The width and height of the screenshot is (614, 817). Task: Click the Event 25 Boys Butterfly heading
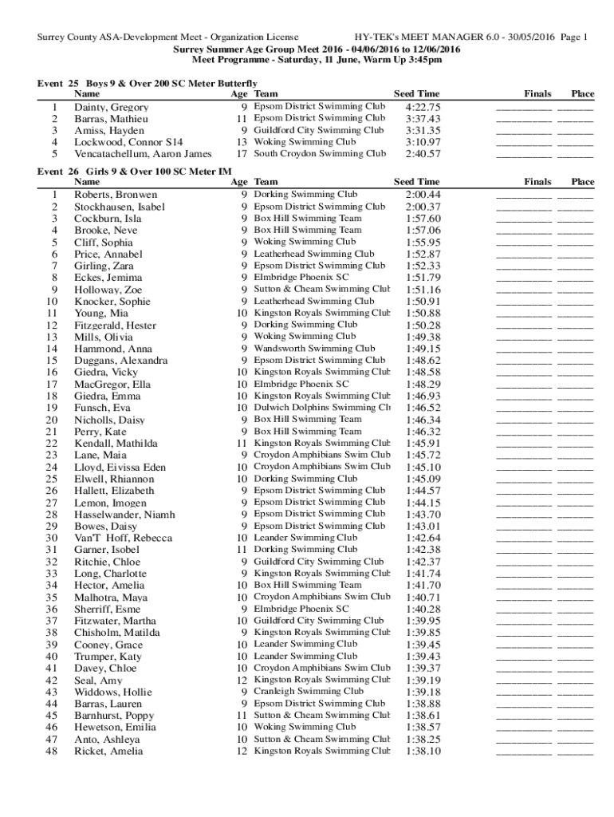click(148, 83)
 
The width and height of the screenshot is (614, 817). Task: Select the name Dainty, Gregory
click(111, 107)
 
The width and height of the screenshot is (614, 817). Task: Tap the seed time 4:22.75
click(423, 107)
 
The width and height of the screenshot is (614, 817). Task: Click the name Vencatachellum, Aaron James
click(143, 154)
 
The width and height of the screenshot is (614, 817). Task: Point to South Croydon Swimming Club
click(320, 153)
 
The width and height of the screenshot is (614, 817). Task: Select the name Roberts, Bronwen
click(116, 195)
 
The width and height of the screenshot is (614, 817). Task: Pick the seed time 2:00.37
click(423, 207)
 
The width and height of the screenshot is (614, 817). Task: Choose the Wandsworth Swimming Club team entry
click(314, 348)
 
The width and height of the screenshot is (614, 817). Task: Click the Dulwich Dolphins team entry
click(321, 407)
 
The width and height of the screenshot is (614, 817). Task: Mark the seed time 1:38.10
click(423, 751)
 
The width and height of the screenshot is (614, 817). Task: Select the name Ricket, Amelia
click(108, 751)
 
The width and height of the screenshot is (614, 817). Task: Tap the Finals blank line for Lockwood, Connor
click(523, 142)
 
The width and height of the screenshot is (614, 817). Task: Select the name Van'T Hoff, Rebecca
click(123, 538)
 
